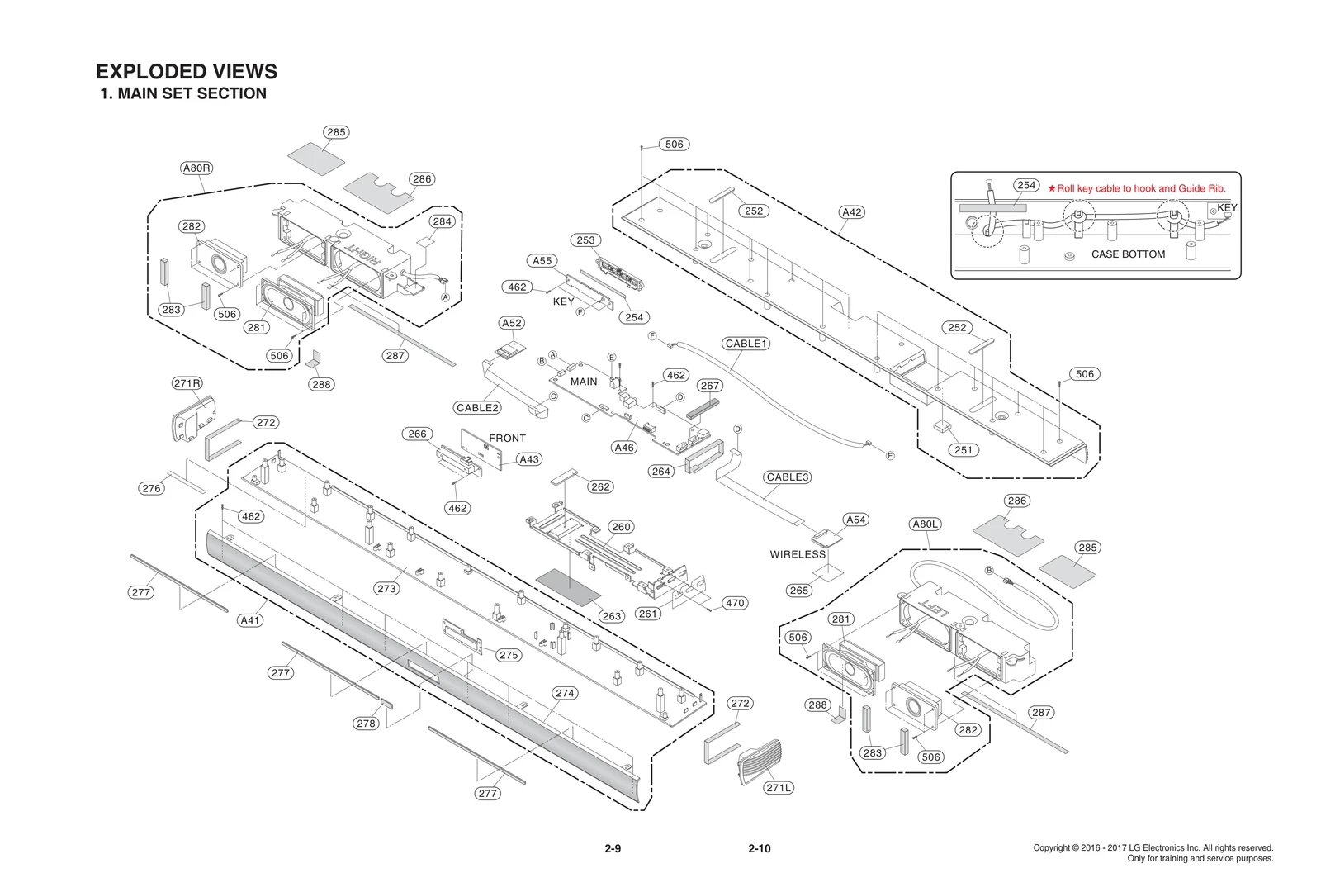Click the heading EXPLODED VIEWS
pos(187,72)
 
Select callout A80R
pos(196,168)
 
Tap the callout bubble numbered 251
pos(964,450)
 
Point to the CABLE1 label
pos(746,344)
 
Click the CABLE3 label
pos(788,477)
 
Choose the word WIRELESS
pos(798,554)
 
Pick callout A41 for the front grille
pos(250,620)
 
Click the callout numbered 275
pos(509,655)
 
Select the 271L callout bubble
pos(779,788)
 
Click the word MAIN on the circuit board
pos(584,382)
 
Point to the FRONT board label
pos(507,438)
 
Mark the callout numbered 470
pos(735,603)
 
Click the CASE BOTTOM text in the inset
pos(1128,254)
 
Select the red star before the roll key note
pos(1052,188)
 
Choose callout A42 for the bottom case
pos(852,212)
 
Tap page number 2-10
pos(759,848)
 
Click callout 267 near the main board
pos(710,386)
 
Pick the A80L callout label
pos(926,524)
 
